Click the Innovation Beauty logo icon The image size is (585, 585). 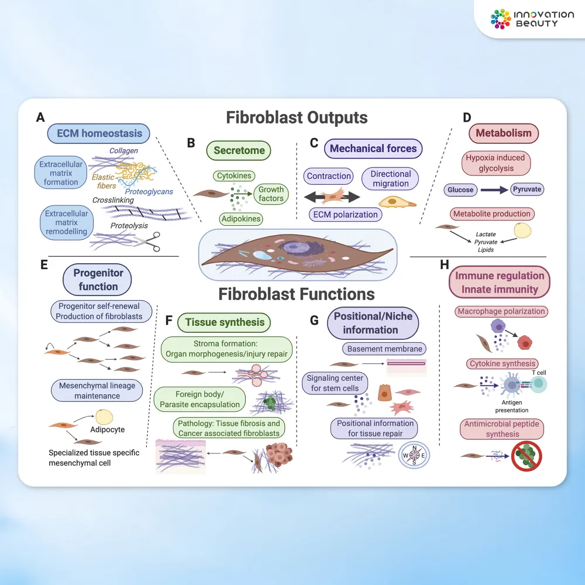click(x=501, y=19)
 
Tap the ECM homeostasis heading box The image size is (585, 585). click(x=99, y=133)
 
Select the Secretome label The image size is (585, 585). click(x=239, y=150)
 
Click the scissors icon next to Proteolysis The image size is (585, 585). click(x=150, y=242)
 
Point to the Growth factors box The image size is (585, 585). click(x=271, y=194)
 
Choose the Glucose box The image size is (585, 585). click(x=460, y=190)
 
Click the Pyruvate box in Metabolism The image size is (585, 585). click(x=526, y=190)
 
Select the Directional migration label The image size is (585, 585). click(x=391, y=178)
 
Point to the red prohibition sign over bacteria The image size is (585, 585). click(x=527, y=455)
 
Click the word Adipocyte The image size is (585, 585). click(x=108, y=429)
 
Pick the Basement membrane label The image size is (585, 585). click(x=384, y=349)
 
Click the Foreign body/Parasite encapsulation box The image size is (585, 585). click(x=199, y=399)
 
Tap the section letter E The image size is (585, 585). click(x=44, y=264)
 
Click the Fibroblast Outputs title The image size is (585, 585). click(x=297, y=118)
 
